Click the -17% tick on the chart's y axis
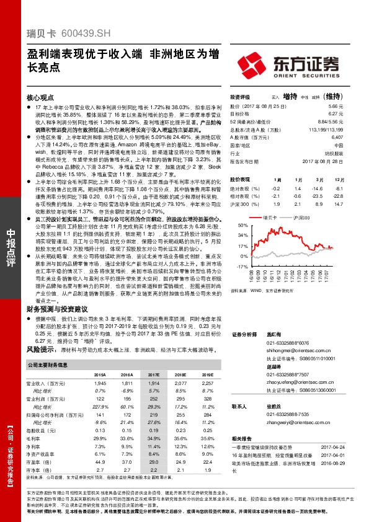click(237, 265)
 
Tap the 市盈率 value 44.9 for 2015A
click(99, 462)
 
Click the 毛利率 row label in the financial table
click(35, 438)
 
